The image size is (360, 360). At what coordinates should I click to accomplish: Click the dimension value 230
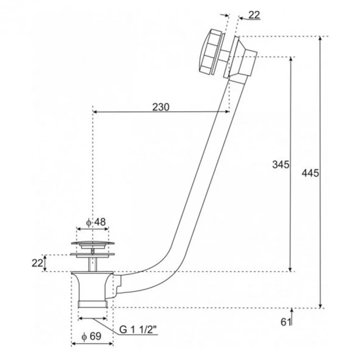161,107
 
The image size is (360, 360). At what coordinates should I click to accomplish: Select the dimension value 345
280,165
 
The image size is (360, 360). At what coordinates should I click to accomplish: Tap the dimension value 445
310,173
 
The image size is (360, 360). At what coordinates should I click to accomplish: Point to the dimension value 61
285,322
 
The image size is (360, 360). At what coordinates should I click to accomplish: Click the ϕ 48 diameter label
96,222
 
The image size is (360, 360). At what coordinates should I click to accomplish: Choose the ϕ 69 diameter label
91,336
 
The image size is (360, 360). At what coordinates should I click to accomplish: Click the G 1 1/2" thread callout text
138,330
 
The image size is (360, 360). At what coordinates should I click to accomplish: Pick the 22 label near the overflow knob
254,15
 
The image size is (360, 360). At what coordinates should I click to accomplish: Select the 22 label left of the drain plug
37,263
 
